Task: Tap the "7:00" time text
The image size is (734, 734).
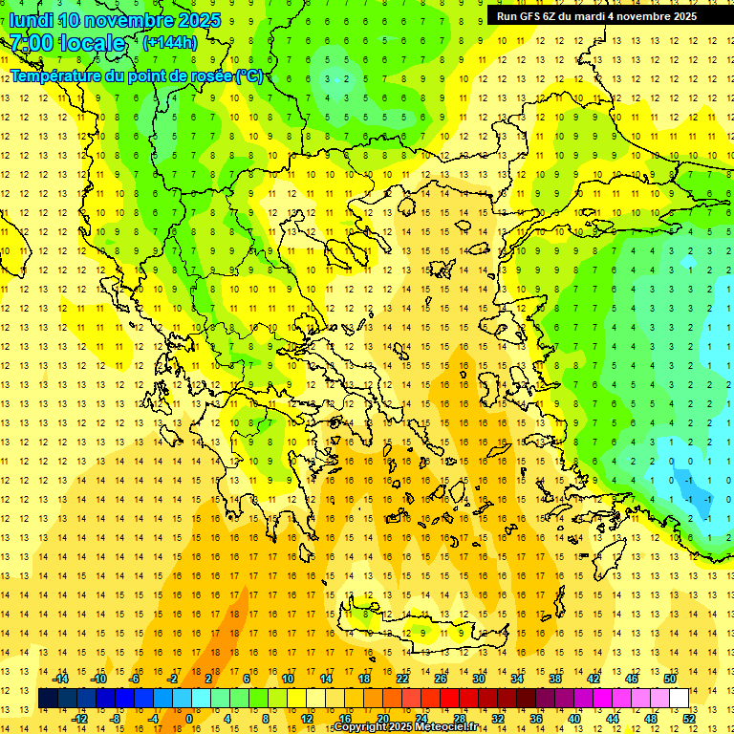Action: click(x=33, y=43)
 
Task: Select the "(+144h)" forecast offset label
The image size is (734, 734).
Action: click(x=169, y=42)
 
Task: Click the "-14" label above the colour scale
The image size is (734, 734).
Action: click(x=60, y=678)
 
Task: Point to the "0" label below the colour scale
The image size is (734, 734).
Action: click(x=188, y=719)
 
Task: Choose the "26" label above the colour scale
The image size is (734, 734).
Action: click(x=442, y=678)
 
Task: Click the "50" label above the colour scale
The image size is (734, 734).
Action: click(x=670, y=678)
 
